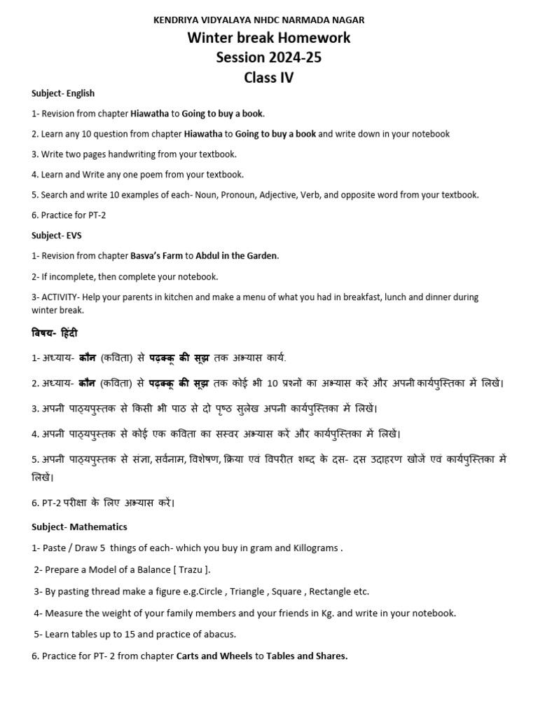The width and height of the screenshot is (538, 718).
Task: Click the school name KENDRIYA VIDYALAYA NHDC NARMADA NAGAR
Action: [x=258, y=20]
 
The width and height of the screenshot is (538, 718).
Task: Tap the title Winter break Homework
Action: [x=268, y=38]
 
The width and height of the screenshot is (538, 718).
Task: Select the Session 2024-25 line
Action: [x=268, y=57]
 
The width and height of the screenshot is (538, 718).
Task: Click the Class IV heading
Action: [x=268, y=78]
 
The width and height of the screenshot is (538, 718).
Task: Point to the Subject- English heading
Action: [x=63, y=93]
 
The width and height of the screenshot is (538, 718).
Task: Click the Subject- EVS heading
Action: [x=57, y=236]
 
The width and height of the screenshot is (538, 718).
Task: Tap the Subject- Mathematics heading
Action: [x=79, y=527]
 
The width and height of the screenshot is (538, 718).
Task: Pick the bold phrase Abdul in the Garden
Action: [x=237, y=256]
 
